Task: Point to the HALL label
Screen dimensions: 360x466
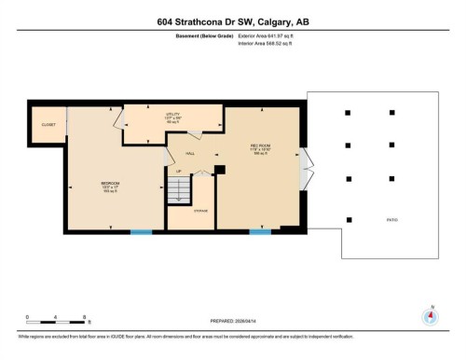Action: coord(189,154)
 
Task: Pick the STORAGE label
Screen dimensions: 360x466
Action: coord(200,212)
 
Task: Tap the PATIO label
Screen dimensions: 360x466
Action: coord(391,220)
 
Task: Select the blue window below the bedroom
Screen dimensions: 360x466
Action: coord(142,231)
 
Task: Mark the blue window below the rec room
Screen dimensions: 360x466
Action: coord(260,231)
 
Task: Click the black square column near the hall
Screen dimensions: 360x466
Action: coord(220,170)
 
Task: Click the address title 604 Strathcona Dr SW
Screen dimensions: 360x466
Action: coord(232,23)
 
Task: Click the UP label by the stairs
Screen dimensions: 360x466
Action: coord(179,172)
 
